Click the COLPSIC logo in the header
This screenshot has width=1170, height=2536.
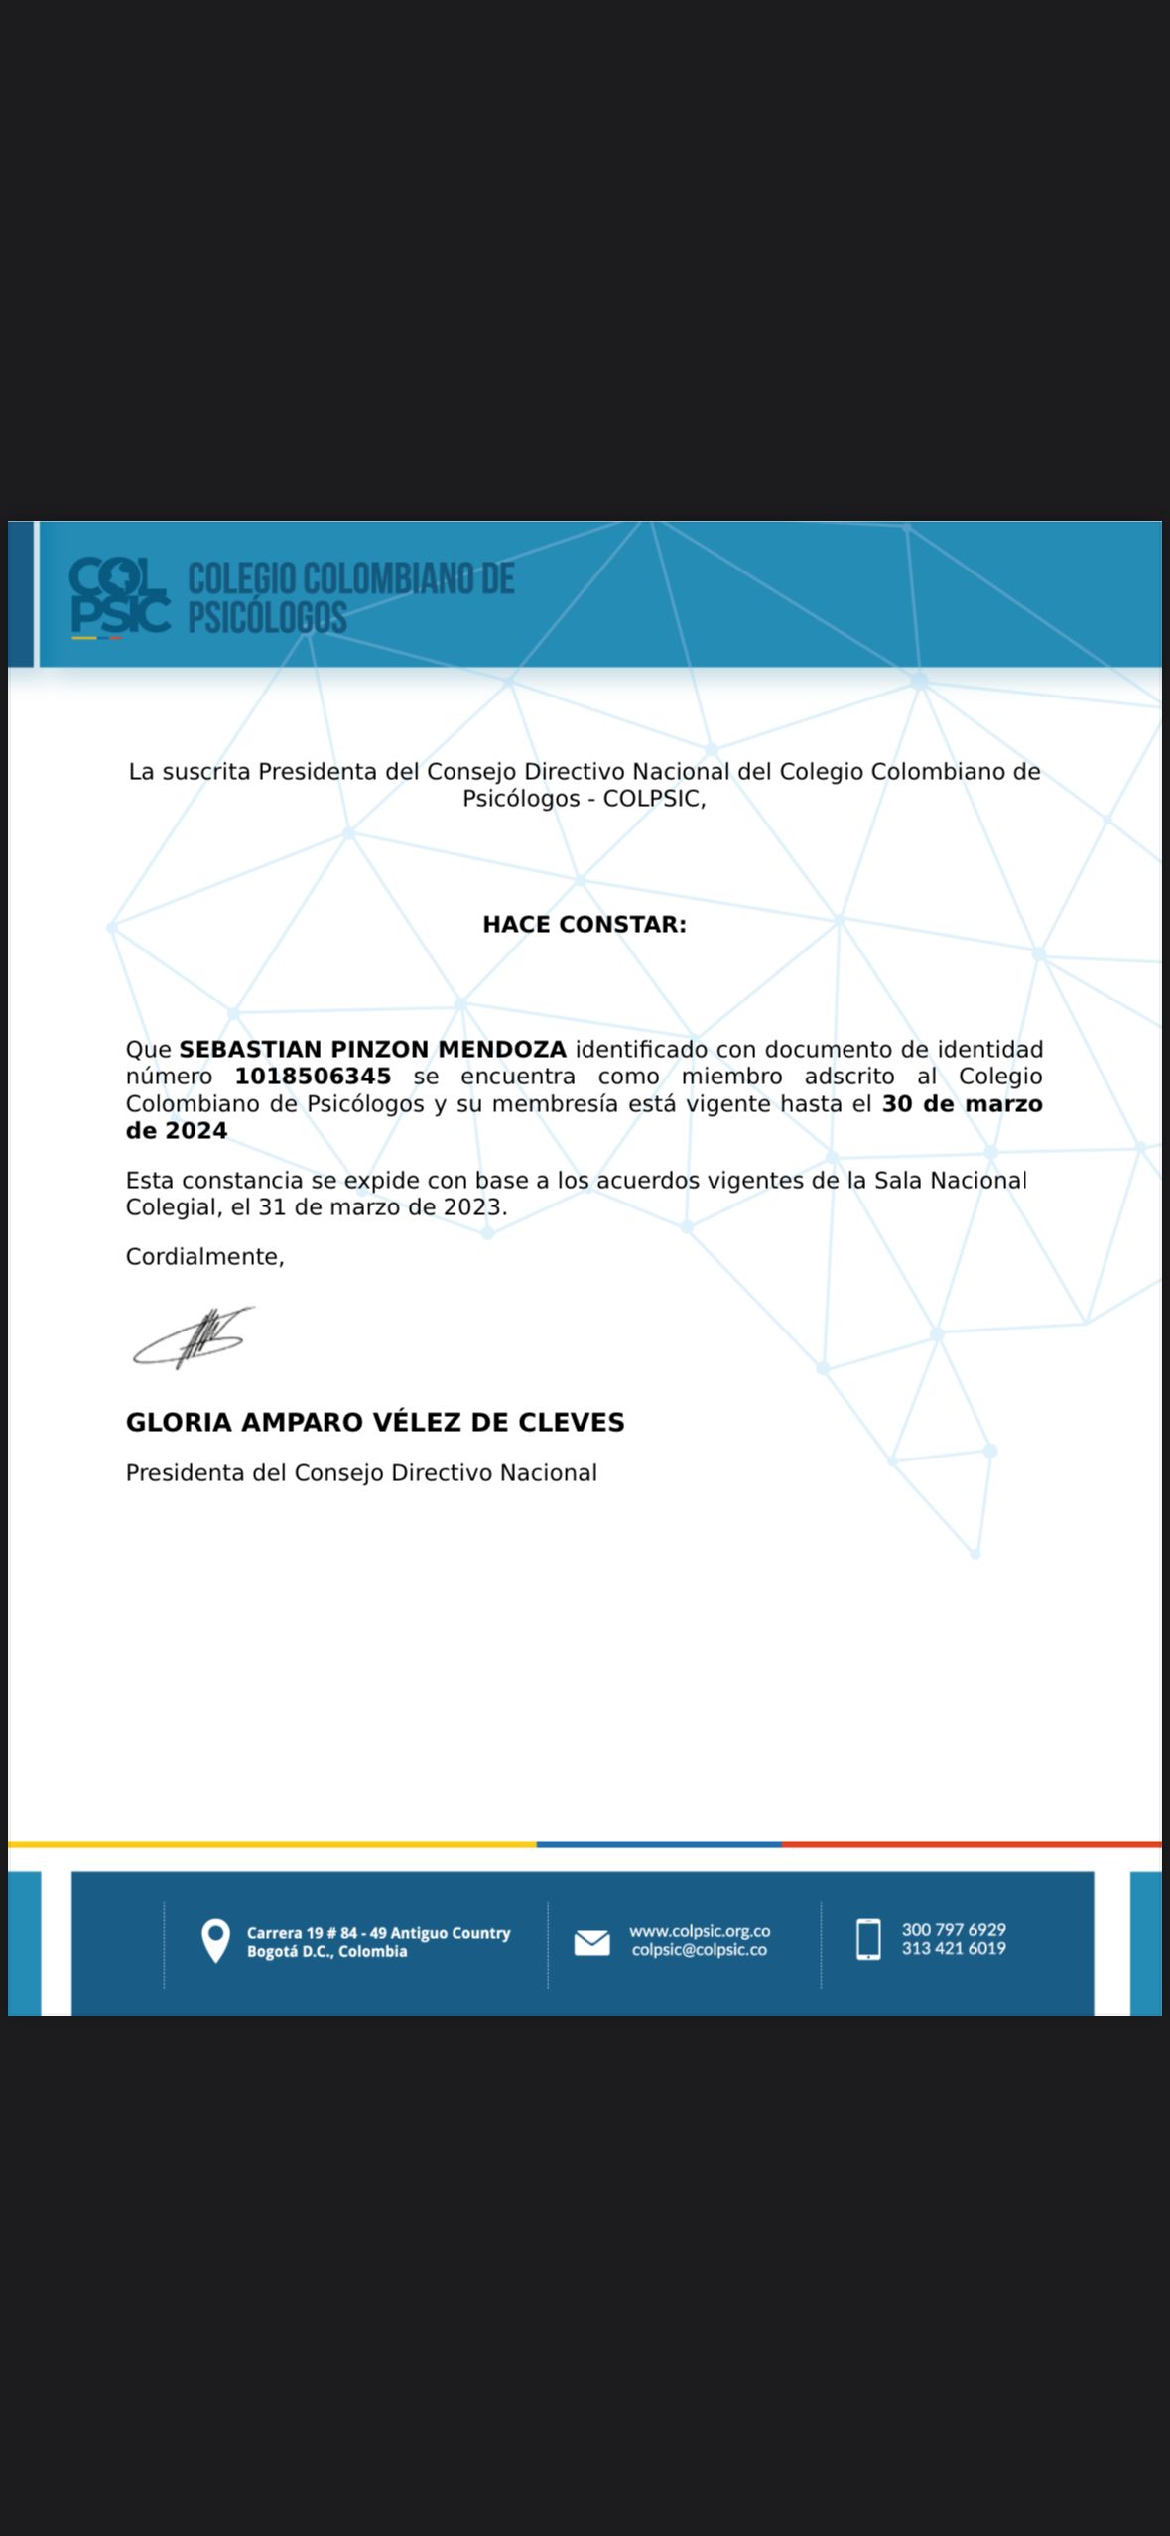[119, 595]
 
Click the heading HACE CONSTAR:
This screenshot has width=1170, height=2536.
[585, 924]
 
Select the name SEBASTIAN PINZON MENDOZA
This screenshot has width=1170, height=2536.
[372, 1049]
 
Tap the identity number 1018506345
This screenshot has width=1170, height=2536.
[313, 1077]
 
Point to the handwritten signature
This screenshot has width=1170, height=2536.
[195, 1338]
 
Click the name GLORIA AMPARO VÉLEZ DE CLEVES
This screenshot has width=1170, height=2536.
[375, 1422]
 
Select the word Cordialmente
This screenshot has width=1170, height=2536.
[203, 1257]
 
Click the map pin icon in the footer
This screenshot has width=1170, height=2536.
[215, 1941]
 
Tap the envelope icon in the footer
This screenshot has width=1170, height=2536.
[592, 1942]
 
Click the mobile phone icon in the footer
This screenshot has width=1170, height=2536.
[868, 1939]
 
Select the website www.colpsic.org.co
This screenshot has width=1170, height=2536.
[700, 1931]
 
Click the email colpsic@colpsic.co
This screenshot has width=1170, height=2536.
[700, 1950]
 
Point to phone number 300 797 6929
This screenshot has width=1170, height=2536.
[954, 1929]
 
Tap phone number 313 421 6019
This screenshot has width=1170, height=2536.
[954, 1948]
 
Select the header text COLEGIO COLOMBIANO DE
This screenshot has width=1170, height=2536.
[351, 578]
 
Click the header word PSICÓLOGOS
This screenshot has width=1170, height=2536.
[268, 618]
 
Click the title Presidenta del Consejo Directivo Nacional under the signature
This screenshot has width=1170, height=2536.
[361, 1473]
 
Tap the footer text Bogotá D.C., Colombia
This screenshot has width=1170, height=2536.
[326, 1952]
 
